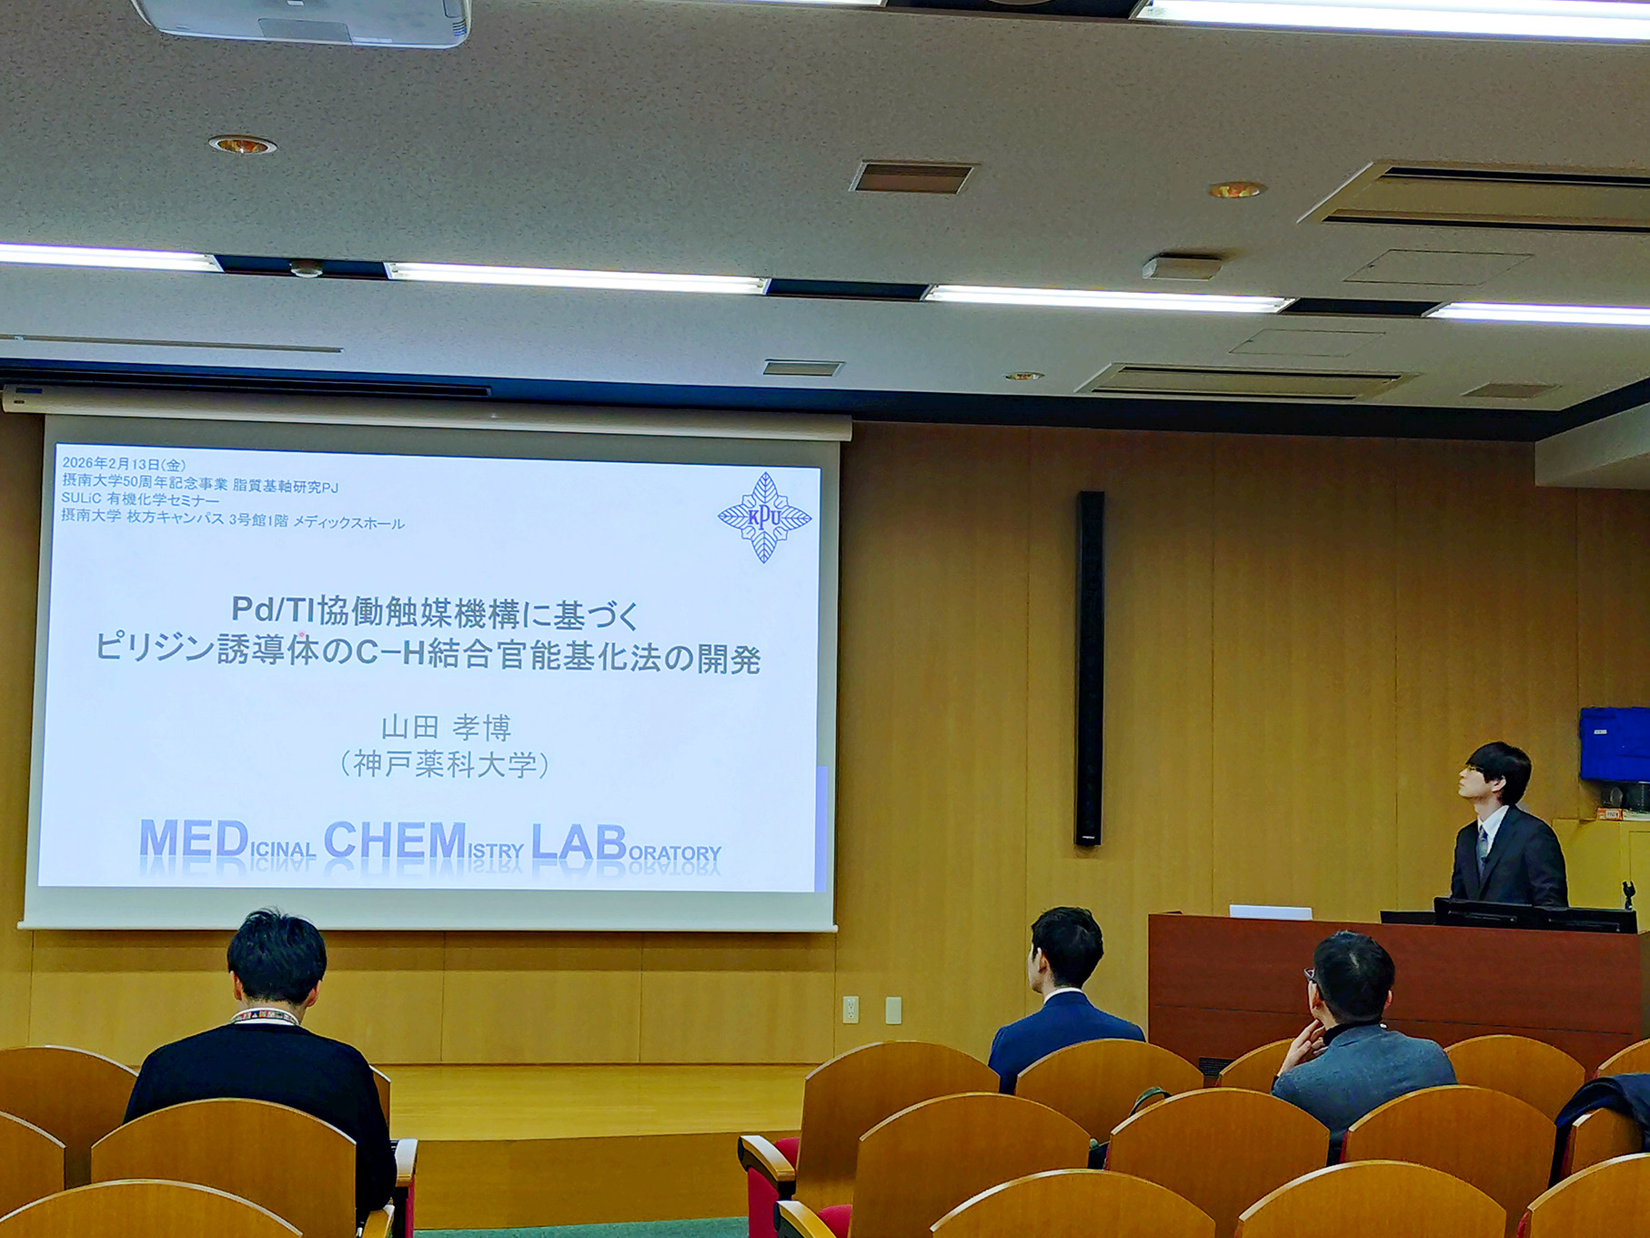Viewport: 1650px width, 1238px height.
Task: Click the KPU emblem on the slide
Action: click(764, 517)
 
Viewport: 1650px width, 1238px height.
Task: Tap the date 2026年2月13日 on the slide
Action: click(111, 464)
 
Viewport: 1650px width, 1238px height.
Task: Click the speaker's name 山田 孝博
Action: click(446, 728)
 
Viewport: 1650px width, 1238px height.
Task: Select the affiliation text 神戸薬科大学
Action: click(446, 764)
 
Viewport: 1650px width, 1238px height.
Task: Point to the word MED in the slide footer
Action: click(194, 840)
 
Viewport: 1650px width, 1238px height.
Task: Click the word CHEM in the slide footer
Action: click(395, 840)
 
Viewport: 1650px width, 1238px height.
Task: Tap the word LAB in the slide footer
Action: click(579, 842)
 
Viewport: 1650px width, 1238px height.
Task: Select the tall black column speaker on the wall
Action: click(1089, 669)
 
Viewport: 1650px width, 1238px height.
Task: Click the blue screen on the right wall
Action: click(1615, 744)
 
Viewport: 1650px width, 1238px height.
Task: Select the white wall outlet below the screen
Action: click(850, 1010)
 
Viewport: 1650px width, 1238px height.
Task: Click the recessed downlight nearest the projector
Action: click(243, 145)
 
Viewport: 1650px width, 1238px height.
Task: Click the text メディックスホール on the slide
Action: click(349, 523)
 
